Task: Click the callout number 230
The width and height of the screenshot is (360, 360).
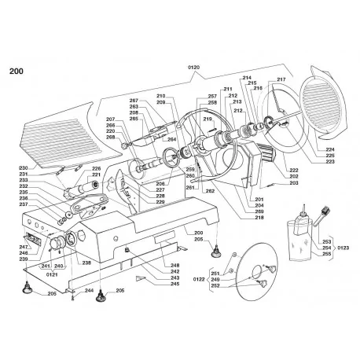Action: point(24,168)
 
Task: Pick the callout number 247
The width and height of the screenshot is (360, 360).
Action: point(24,246)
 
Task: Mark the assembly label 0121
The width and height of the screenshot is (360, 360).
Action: point(52,275)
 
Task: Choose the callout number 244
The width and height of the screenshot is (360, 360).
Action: point(89,291)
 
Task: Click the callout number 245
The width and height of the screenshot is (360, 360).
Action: point(174,284)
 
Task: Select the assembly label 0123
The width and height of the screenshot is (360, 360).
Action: point(342,248)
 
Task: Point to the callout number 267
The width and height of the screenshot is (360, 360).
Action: point(134,101)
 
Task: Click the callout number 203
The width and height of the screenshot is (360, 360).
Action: point(293,182)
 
